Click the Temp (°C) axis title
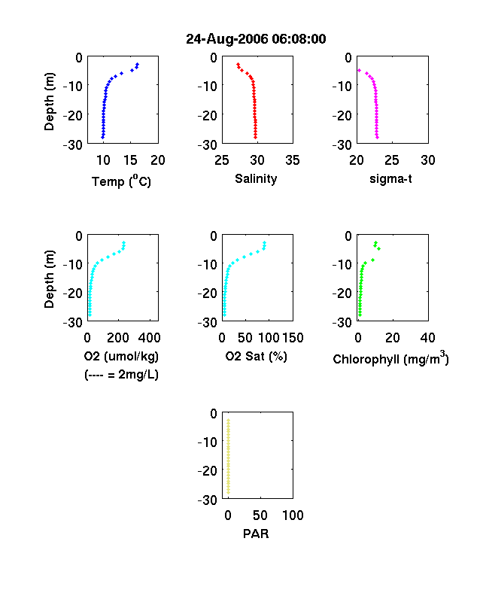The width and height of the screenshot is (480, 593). pyautogui.click(x=121, y=181)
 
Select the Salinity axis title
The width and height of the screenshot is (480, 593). pyautogui.click(x=256, y=179)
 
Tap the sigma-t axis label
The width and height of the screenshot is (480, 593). pyautogui.click(x=390, y=179)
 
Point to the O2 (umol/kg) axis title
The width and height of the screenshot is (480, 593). pyautogui.click(x=121, y=356)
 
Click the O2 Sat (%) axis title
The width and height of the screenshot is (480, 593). pyautogui.click(x=257, y=356)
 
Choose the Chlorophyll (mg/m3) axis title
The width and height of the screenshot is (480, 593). pyautogui.click(x=390, y=357)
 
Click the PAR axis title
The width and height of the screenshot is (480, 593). pyautogui.click(x=256, y=534)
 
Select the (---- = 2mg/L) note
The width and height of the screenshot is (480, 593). pyautogui.click(x=121, y=375)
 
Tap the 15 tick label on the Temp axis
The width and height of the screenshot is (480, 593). pyautogui.click(x=130, y=160)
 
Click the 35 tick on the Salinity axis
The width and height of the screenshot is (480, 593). pyautogui.click(x=293, y=160)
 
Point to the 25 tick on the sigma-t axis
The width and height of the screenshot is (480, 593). pyautogui.click(x=392, y=160)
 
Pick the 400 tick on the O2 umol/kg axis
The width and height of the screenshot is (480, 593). pyautogui.click(x=149, y=338)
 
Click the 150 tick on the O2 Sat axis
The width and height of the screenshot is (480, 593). pyautogui.click(x=293, y=338)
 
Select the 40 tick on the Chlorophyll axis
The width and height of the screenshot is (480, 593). pyautogui.click(x=427, y=338)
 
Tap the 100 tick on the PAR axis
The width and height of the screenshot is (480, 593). pyautogui.click(x=293, y=515)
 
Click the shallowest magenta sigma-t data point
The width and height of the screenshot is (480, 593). pyautogui.click(x=359, y=70)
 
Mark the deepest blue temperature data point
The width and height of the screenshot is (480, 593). pyautogui.click(x=102, y=137)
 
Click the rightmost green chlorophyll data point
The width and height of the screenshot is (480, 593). pyautogui.click(x=378, y=248)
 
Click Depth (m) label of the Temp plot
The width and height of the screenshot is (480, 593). pyautogui.click(x=49, y=102)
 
